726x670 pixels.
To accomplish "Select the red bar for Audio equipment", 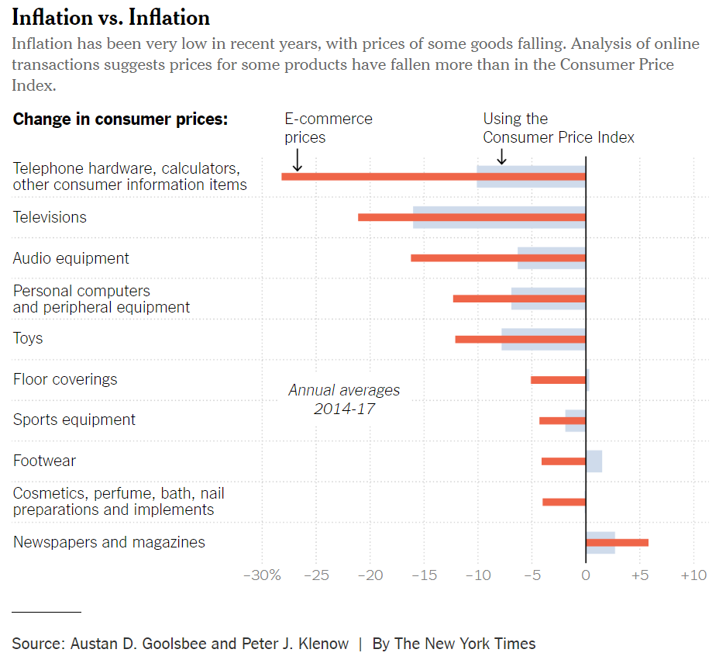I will (x=497, y=257).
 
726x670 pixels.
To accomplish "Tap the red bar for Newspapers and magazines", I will (x=617, y=542).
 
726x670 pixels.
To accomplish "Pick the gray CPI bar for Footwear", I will (x=594, y=461).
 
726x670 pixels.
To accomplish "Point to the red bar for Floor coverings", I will (x=558, y=379).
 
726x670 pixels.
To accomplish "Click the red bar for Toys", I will (x=520, y=339).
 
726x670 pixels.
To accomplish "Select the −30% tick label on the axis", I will (x=261, y=575).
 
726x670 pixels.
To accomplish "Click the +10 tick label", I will (x=693, y=575).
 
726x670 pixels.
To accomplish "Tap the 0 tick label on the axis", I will (x=586, y=575).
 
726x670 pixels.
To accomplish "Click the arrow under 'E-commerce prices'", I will (x=297, y=161).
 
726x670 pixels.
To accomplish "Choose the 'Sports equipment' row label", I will (x=74, y=420).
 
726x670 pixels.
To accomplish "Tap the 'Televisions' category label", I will (x=50, y=217).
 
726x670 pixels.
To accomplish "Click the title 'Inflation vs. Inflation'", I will (x=111, y=18).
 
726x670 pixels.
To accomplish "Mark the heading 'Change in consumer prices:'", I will (x=120, y=119).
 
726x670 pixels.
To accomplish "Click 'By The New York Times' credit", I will (x=454, y=644).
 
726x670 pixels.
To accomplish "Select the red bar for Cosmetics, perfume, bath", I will (x=564, y=502).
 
